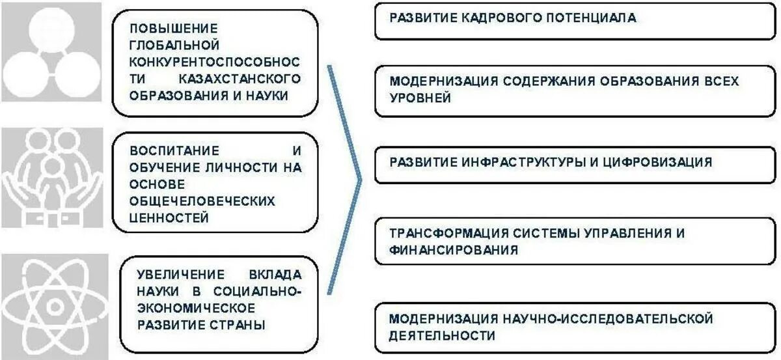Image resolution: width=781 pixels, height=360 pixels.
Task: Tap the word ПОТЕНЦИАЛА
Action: (592, 18)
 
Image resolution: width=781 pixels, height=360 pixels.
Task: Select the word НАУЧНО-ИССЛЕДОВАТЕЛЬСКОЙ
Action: (607, 319)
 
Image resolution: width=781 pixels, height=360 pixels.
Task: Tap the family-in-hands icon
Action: (51, 177)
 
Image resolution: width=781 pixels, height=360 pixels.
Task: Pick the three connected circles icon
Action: (51, 52)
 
